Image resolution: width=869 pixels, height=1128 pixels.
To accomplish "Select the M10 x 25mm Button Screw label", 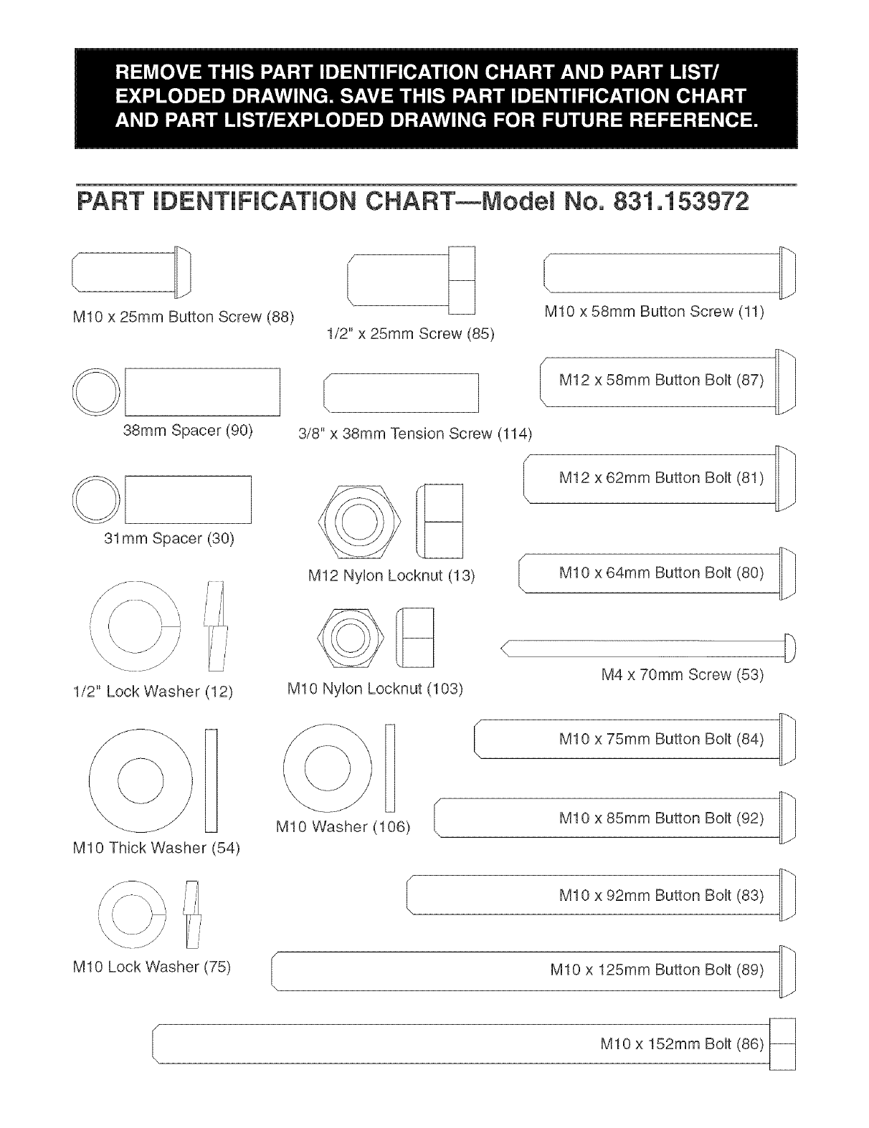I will (184, 317).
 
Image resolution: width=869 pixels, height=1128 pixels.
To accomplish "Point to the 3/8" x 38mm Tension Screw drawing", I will (401, 393).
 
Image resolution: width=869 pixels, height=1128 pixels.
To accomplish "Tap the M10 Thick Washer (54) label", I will (156, 848).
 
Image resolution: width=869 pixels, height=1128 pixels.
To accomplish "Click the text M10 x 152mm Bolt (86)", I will (681, 1044).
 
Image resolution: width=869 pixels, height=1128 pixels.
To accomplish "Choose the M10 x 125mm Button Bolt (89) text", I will (657, 970).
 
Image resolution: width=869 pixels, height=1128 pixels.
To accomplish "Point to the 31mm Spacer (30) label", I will (169, 537).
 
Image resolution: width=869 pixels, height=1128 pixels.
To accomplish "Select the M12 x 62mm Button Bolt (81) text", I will (661, 477).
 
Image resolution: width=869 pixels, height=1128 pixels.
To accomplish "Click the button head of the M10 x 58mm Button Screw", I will (787, 272).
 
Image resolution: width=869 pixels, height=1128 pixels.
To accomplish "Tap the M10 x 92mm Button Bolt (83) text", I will (661, 895).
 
